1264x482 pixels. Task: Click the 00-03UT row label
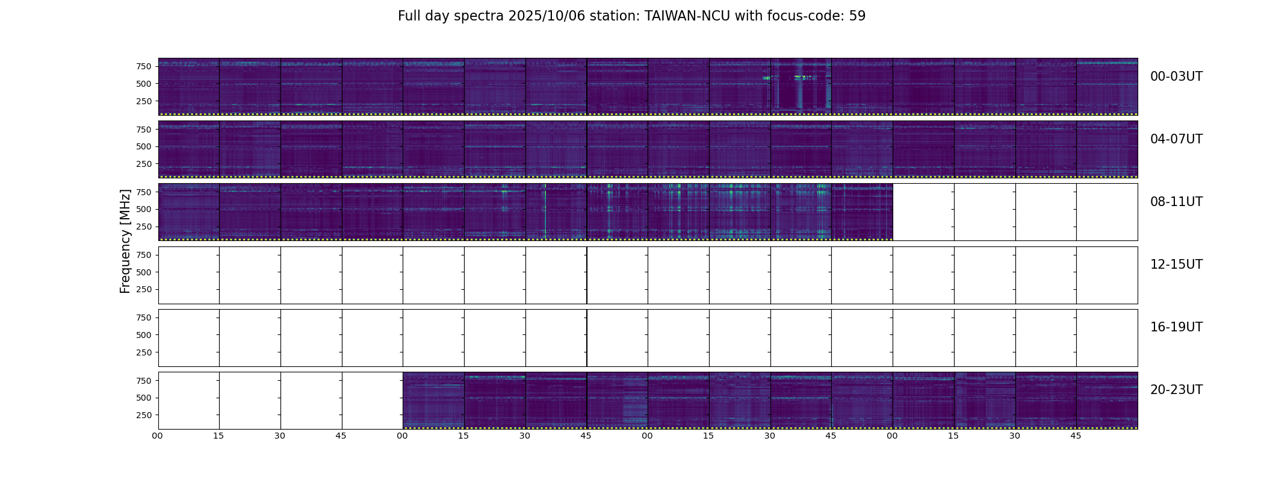pyautogui.click(x=1176, y=77)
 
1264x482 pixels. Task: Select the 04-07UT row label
pyautogui.click(x=1176, y=139)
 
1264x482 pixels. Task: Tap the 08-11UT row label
pyautogui.click(x=1176, y=202)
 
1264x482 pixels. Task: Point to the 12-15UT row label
pyautogui.click(x=1176, y=264)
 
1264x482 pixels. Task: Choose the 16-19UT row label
pyautogui.click(x=1176, y=327)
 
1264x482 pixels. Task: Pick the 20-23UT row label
pyautogui.click(x=1176, y=390)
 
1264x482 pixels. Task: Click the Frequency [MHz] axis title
pyautogui.click(x=125, y=241)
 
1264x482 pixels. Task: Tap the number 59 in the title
pyautogui.click(x=857, y=16)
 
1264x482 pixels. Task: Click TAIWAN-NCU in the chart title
pyautogui.click(x=687, y=16)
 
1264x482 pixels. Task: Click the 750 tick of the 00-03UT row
pyautogui.click(x=143, y=66)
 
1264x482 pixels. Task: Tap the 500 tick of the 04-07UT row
pyautogui.click(x=143, y=146)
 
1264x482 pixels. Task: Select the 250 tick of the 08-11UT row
pyautogui.click(x=143, y=227)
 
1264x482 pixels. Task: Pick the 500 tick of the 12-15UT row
pyautogui.click(x=143, y=272)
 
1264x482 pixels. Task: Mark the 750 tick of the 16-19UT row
pyautogui.click(x=143, y=318)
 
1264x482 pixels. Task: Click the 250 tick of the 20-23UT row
pyautogui.click(x=143, y=415)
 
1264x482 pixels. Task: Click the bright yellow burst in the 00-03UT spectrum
pyautogui.click(x=800, y=77)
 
